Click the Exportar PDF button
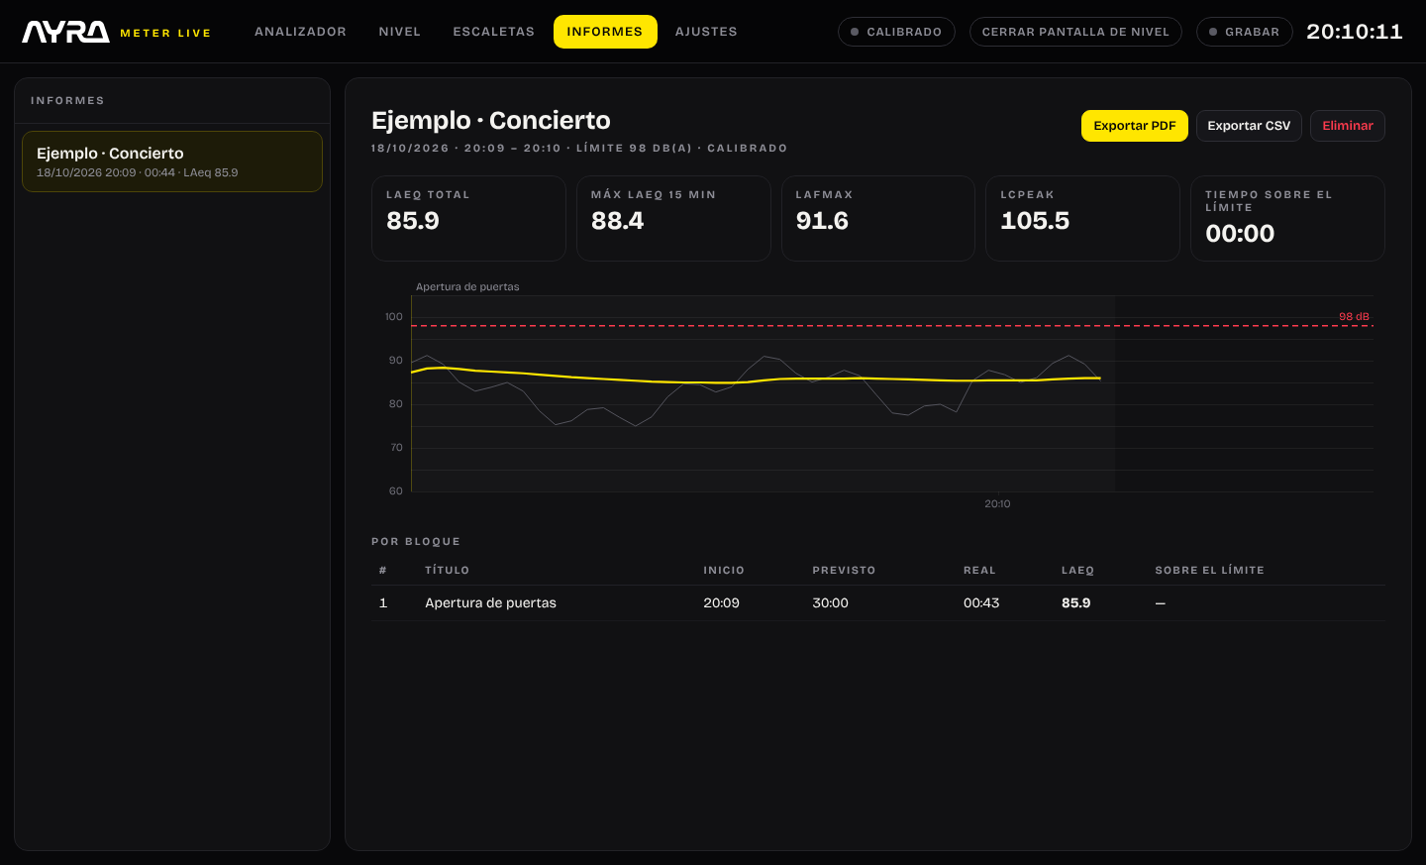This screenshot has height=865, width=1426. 1134,126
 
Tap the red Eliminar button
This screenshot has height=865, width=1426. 1347,126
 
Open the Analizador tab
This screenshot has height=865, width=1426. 300,32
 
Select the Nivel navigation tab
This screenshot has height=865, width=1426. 400,32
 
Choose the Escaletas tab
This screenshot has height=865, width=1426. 493,32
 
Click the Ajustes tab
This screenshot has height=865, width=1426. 706,32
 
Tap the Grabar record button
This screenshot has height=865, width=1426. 1244,32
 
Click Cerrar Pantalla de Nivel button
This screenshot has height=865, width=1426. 1075,32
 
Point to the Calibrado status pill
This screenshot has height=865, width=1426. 896,32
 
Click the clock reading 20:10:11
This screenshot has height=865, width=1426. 1354,32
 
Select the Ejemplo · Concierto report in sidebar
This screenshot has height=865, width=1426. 172,162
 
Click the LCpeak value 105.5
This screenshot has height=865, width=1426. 1035,221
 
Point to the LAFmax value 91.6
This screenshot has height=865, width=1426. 822,221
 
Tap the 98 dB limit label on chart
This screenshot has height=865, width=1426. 1354,317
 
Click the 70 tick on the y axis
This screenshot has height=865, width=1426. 396,448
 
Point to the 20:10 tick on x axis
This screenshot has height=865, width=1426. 997,503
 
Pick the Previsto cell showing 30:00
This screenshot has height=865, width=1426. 830,602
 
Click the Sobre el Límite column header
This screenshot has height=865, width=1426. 1209,570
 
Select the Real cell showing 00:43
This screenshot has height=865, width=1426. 981,602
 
